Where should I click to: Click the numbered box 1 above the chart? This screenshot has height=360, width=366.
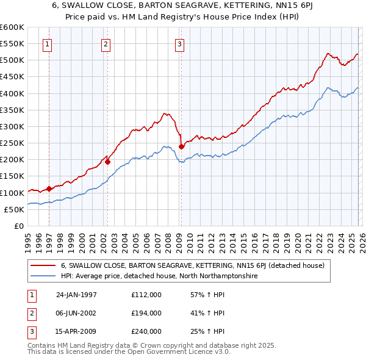coord(48,43)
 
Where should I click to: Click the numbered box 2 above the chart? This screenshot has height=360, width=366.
coord(106,43)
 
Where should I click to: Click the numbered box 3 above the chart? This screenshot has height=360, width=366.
coord(180,43)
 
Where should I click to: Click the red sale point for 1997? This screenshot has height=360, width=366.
coord(49,189)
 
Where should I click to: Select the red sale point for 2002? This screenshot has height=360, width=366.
coord(107,162)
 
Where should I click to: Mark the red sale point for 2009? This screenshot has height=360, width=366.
coord(181,146)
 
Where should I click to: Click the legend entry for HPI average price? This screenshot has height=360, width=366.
coord(159,276)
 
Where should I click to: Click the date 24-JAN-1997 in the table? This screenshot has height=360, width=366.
coord(76,295)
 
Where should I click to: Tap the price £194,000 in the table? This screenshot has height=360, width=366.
coord(146,313)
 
